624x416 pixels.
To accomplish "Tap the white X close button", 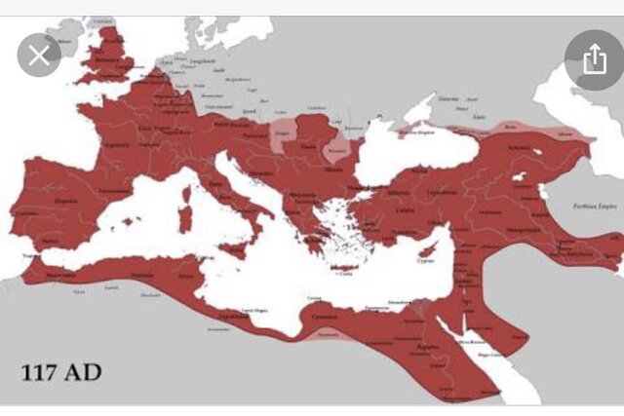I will pos(39,56).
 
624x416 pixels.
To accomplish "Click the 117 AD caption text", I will pos(62,371).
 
